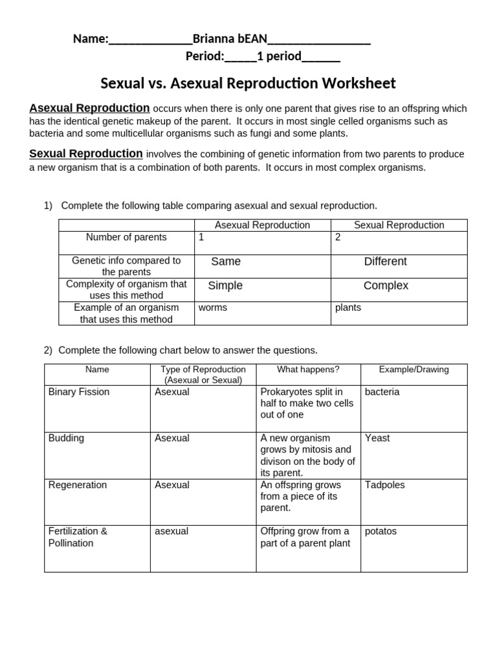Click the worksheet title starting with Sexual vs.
click(x=248, y=84)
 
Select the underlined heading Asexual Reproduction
click(x=89, y=107)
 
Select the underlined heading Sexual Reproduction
click(x=86, y=153)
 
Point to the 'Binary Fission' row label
click(x=79, y=392)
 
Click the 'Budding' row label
click(x=66, y=438)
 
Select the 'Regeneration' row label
click(x=78, y=485)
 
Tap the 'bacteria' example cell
click(x=382, y=392)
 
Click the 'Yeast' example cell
click(x=377, y=438)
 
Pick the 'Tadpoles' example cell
click(x=384, y=485)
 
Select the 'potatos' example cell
click(x=381, y=532)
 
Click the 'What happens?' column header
click(x=308, y=370)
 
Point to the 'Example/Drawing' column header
click(x=414, y=370)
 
